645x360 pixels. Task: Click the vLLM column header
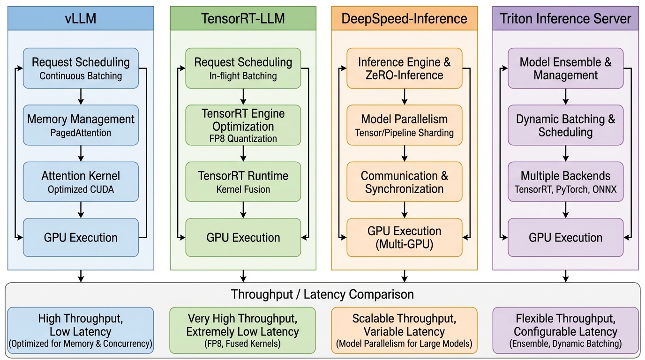tap(81, 19)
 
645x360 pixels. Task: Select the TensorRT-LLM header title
tap(243, 19)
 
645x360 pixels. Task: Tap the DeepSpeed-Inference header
tap(404, 19)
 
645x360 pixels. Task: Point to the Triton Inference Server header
tap(565, 19)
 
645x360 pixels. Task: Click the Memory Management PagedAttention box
tap(81, 125)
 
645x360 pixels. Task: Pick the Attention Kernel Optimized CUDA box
tap(81, 182)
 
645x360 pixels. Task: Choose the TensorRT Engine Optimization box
tap(243, 125)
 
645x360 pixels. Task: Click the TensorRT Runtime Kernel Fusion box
tap(243, 182)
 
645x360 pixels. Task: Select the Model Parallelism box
tap(404, 125)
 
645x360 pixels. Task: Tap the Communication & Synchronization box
tap(404, 182)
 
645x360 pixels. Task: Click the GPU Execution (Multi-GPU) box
tap(404, 237)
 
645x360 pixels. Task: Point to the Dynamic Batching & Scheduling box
tap(565, 125)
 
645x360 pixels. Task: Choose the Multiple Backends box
tap(565, 182)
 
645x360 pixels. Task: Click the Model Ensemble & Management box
tap(565, 68)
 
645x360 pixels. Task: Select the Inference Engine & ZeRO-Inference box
tap(404, 68)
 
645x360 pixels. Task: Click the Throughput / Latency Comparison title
tap(322, 294)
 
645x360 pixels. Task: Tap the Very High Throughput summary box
tap(243, 330)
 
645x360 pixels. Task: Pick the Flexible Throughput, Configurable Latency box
tap(565, 330)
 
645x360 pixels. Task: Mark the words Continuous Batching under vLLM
tap(81, 76)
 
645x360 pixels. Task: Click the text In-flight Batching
tap(243, 76)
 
